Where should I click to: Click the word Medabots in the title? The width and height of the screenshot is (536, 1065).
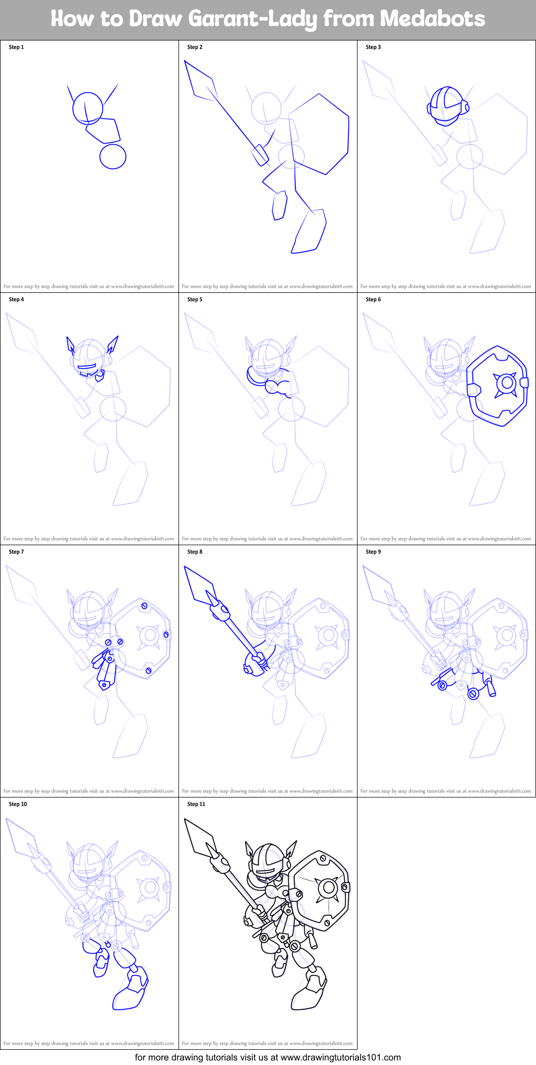pyautogui.click(x=432, y=19)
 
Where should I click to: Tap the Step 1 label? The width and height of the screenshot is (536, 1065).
pyautogui.click(x=16, y=47)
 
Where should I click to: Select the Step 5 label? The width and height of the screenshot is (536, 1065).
pyautogui.click(x=195, y=299)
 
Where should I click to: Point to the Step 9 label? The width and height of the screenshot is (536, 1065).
pyautogui.click(x=373, y=552)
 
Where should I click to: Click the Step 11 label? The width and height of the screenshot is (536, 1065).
pyautogui.click(x=196, y=804)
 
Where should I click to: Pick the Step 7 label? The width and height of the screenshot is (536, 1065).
pyautogui.click(x=16, y=552)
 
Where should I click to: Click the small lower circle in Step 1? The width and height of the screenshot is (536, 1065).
pyautogui.click(x=113, y=156)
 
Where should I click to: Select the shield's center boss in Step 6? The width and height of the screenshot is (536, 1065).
pyautogui.click(x=506, y=383)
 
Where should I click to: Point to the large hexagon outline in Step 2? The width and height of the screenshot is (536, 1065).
pyautogui.click(x=319, y=134)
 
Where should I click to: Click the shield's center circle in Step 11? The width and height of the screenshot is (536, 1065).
pyautogui.click(x=329, y=887)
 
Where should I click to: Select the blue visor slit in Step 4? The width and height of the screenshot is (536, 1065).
pyautogui.click(x=86, y=367)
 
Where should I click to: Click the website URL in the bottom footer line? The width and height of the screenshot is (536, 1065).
pyautogui.click(x=340, y=1057)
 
